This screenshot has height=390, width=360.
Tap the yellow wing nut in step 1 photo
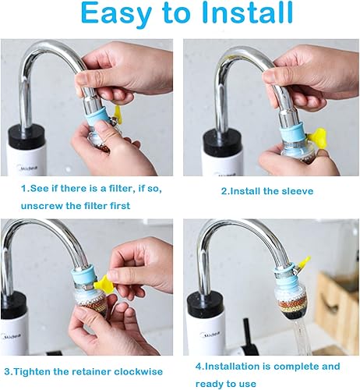coord(118,115)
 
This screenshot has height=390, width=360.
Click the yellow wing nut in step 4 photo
coord(302,264)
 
